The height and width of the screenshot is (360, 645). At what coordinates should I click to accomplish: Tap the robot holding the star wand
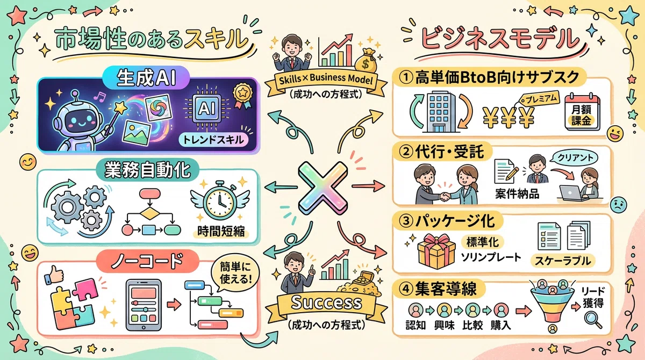(x=79, y=121)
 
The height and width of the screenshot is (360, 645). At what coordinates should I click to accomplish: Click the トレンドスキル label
(x=213, y=140)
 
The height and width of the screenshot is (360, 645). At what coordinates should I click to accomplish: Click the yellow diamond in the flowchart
(x=150, y=213)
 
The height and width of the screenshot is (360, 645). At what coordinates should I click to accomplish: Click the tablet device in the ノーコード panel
(x=144, y=305)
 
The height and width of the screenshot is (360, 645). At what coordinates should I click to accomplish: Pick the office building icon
(x=441, y=112)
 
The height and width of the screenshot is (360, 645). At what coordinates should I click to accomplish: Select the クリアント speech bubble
(x=575, y=157)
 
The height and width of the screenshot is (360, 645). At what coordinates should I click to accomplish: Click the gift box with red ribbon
(x=436, y=251)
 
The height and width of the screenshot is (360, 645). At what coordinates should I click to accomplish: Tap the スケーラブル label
(x=563, y=261)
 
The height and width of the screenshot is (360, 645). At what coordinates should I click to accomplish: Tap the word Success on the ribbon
(x=326, y=303)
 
